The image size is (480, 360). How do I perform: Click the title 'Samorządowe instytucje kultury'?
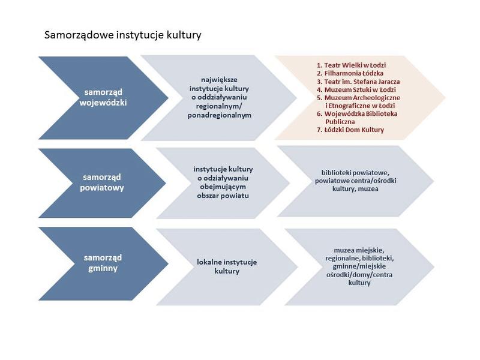click(123, 35)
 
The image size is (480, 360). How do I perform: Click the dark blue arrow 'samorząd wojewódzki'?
click(103, 98)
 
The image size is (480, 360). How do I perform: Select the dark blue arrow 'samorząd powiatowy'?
click(102, 183)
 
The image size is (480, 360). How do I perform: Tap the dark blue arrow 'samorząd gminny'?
click(103, 263)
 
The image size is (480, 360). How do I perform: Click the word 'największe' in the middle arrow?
click(219, 80)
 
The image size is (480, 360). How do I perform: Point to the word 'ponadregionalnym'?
click(220, 115)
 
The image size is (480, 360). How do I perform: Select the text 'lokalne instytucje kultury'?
click(227, 266)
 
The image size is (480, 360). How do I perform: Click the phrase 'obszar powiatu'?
click(223, 196)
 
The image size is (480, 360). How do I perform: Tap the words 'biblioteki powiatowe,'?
click(355, 173)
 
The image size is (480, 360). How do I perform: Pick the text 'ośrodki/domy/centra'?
click(359, 275)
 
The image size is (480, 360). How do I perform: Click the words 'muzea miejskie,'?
click(359, 250)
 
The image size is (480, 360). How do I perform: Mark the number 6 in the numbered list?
click(319, 114)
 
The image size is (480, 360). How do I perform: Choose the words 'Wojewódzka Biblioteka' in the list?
click(361, 114)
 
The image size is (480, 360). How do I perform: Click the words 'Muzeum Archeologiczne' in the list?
click(362, 98)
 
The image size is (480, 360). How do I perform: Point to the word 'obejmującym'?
click(223, 187)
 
